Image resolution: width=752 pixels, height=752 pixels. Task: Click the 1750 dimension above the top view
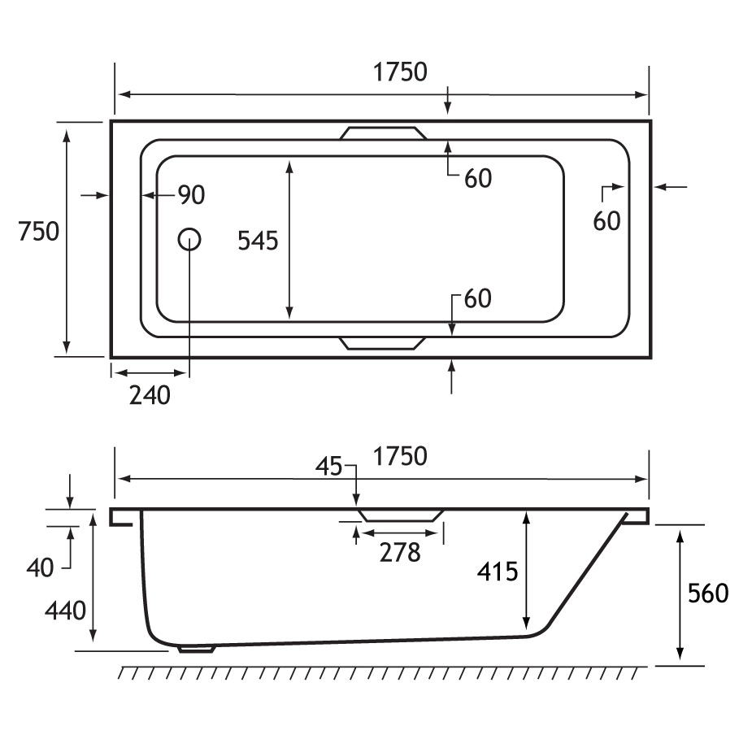pyautogui.click(x=400, y=72)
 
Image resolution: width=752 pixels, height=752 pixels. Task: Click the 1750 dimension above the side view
pyautogui.click(x=400, y=457)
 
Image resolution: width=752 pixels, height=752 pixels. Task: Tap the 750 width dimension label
pyautogui.click(x=38, y=231)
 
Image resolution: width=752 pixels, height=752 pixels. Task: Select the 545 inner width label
pyautogui.click(x=258, y=241)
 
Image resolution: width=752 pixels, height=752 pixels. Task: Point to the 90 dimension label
pyautogui.click(x=191, y=195)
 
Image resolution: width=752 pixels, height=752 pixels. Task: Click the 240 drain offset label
pyautogui.click(x=150, y=396)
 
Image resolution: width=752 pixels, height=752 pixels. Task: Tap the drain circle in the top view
pyautogui.click(x=189, y=239)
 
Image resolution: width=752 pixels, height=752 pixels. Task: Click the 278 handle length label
pyautogui.click(x=400, y=553)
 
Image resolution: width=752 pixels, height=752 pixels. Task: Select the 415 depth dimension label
pyautogui.click(x=498, y=572)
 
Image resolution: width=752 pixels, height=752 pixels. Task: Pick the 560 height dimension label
pyautogui.click(x=708, y=593)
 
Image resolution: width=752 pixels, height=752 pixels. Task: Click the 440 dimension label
pyautogui.click(x=65, y=611)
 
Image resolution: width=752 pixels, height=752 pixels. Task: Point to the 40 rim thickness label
pyautogui.click(x=41, y=569)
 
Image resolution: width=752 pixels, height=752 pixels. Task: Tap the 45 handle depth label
pyautogui.click(x=329, y=467)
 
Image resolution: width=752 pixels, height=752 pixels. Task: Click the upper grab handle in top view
pyautogui.click(x=383, y=133)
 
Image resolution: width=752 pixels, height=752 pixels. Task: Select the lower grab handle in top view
pyautogui.click(x=382, y=343)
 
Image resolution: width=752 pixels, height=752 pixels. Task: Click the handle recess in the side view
pyautogui.click(x=401, y=516)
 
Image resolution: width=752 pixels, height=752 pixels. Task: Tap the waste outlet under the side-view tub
pyautogui.click(x=196, y=649)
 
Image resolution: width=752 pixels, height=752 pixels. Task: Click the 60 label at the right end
pyautogui.click(x=606, y=222)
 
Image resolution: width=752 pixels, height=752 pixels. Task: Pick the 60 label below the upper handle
pyautogui.click(x=478, y=179)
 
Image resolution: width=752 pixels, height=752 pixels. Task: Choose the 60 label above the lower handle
pyautogui.click(x=478, y=299)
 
